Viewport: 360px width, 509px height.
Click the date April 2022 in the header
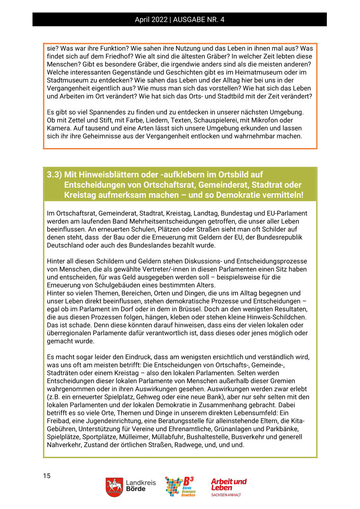[151, 20]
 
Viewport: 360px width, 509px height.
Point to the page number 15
[47, 476]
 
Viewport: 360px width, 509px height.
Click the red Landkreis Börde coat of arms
[114, 487]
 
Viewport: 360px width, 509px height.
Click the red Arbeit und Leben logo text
[228, 484]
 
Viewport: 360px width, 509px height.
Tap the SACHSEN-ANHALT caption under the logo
[226, 495]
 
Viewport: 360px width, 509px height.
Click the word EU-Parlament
[286, 213]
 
